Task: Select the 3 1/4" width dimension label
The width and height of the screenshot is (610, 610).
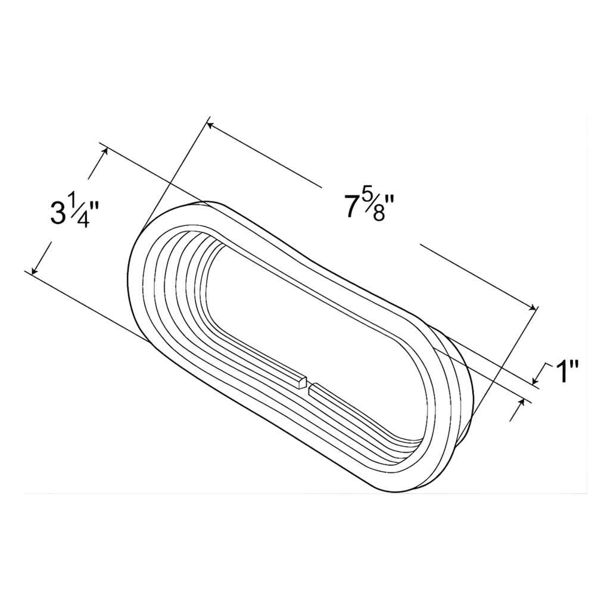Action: [74, 213]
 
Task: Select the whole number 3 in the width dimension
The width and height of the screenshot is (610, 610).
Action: [58, 213]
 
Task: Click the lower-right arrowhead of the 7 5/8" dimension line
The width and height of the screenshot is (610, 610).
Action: [533, 307]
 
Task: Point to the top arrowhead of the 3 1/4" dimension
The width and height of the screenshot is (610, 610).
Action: [105, 151]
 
